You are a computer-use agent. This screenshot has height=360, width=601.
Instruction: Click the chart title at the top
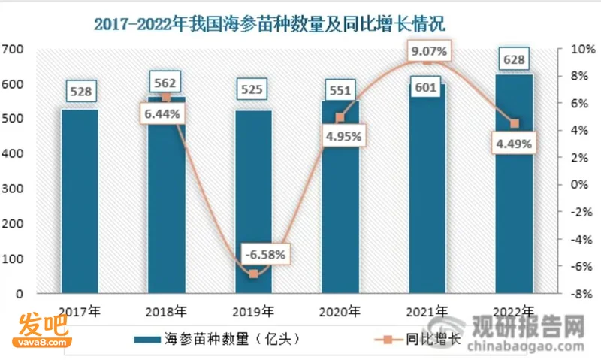pos(270,24)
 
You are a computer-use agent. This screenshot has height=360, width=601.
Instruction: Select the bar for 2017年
pos(80,201)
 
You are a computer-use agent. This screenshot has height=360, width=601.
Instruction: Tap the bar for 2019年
pos(253,202)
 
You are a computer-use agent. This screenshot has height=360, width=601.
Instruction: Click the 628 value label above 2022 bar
pos(514,59)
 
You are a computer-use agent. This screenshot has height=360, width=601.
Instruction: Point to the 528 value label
pos(81,91)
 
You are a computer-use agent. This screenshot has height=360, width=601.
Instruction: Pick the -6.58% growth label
pos(266,254)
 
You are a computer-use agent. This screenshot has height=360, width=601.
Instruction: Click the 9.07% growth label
pos(429,50)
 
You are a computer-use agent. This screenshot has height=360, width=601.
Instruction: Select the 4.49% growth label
pos(514,144)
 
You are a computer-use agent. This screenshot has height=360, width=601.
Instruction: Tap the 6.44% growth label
pos(162,113)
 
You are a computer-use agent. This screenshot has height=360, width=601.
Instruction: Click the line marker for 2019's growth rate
pos(253,274)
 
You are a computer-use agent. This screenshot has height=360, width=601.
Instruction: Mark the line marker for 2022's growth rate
pos(515,123)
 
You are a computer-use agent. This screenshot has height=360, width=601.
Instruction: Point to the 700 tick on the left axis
pos(12,49)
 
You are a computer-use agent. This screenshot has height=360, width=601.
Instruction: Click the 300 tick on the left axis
pos(12,189)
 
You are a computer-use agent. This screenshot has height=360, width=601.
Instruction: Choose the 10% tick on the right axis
pos(583,49)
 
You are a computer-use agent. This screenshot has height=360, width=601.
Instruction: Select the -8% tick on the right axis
pos(581,294)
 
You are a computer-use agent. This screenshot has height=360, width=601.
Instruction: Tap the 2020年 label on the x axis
pos(340,312)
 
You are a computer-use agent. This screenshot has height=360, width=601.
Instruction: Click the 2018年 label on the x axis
pos(166,312)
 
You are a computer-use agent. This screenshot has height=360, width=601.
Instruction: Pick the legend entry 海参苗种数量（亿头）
pos(217,339)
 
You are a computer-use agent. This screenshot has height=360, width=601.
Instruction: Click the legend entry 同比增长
pos(418,339)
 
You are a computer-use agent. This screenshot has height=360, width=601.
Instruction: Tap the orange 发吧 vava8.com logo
pos(42,330)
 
